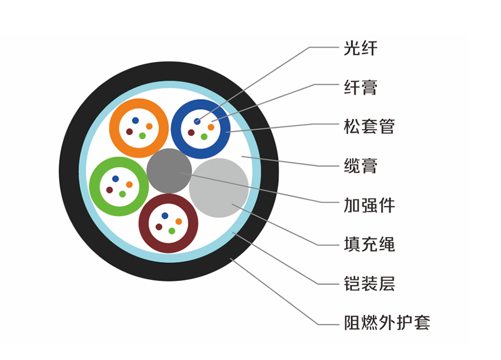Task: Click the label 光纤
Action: pyautogui.click(x=360, y=49)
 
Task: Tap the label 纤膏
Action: pyautogui.click(x=360, y=87)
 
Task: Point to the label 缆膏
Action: pyautogui.click(x=360, y=166)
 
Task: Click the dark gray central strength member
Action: pyautogui.click(x=169, y=170)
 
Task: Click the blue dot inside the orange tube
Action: pyautogui.click(x=136, y=120)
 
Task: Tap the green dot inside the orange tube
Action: pyautogui.click(x=142, y=136)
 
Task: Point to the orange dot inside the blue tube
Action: pyautogui.click(x=211, y=127)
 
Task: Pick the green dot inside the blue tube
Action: pyautogui.click(x=204, y=137)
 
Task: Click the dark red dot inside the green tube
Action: pyautogui.click(x=109, y=190)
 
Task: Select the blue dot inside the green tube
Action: pyautogui.click(x=115, y=179)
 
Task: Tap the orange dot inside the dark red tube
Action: pyautogui.click(x=179, y=221)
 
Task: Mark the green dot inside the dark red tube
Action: pyautogui.click(x=172, y=231)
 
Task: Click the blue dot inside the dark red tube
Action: pyautogui.click(x=165, y=216)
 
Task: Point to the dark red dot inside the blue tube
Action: pyautogui.click(x=191, y=132)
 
